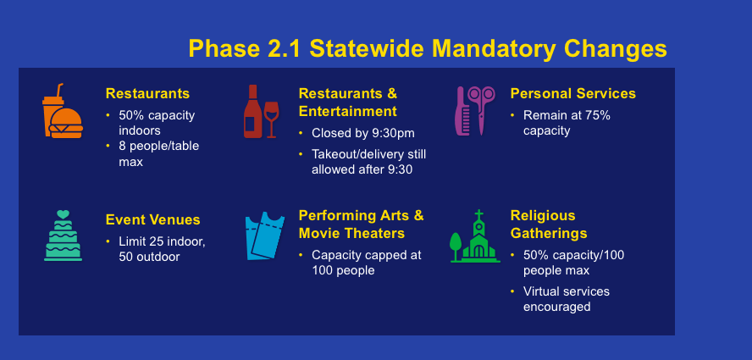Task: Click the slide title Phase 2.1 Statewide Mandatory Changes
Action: [428, 48]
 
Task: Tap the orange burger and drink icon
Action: [62, 111]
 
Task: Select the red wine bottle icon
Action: [252, 111]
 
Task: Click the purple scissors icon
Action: [481, 110]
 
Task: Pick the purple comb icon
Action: [460, 111]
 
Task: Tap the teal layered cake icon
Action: [63, 235]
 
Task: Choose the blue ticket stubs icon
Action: [265, 235]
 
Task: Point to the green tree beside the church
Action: [456, 246]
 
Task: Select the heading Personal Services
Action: [573, 93]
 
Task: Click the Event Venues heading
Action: [153, 220]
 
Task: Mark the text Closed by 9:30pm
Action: [363, 133]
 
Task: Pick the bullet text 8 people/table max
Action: [158, 153]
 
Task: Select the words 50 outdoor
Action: [149, 257]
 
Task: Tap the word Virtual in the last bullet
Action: [541, 291]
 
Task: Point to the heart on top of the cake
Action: [63, 214]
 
